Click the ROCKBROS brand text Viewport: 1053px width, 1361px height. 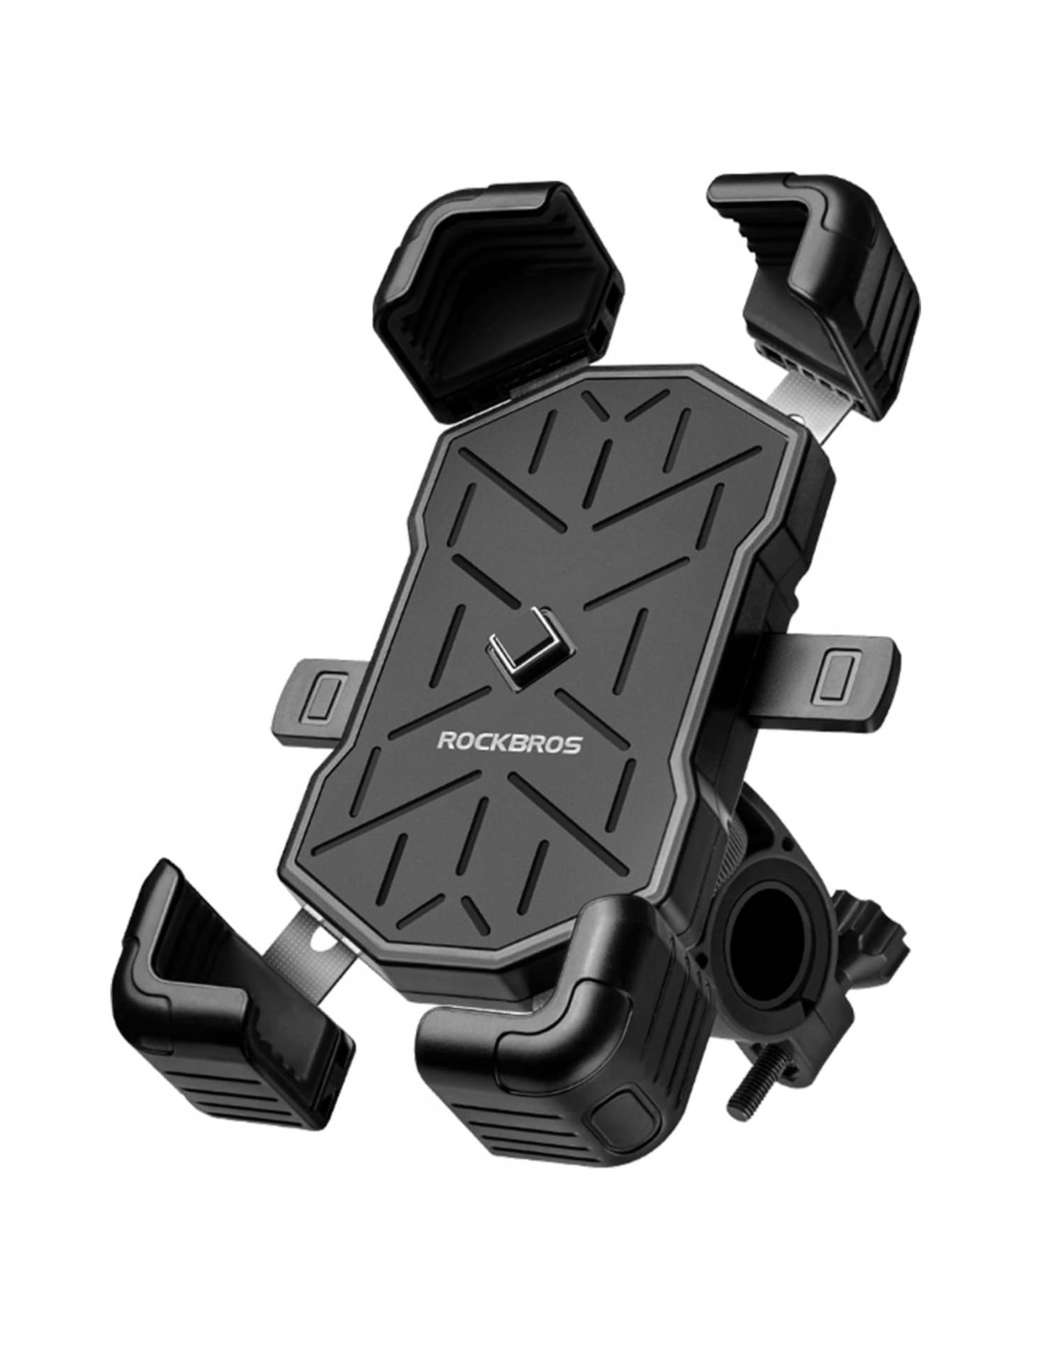tap(508, 743)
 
